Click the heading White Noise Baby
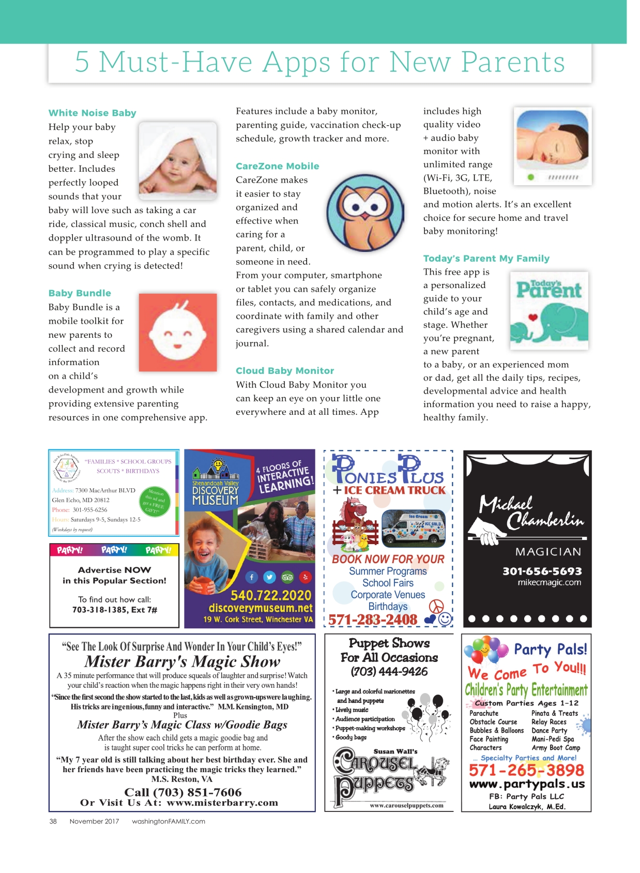click(x=92, y=113)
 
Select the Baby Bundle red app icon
click(x=177, y=332)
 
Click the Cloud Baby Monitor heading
click(x=285, y=371)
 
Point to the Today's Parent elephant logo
click(x=548, y=310)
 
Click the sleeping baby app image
click(x=552, y=146)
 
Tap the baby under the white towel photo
click(x=177, y=160)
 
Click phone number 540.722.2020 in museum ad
click(x=271, y=595)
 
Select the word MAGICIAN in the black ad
click(x=548, y=552)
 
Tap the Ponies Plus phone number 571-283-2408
click(x=373, y=619)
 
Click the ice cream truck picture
click(x=413, y=528)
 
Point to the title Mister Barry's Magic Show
click(x=182, y=661)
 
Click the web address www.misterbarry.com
click(x=222, y=803)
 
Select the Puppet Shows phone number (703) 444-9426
click(x=389, y=671)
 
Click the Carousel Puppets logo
click(x=389, y=776)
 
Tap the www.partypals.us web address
click(x=527, y=784)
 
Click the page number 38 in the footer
click(x=53, y=821)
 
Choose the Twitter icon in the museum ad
click(x=269, y=577)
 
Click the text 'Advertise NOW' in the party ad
click(x=114, y=570)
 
